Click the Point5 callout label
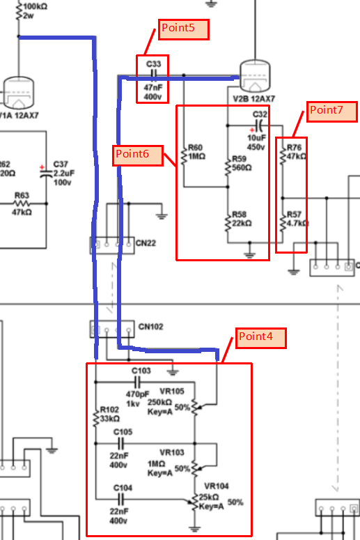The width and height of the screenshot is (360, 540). (183, 29)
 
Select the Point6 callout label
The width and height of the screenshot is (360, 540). (138, 155)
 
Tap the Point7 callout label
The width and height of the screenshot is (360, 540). (331, 111)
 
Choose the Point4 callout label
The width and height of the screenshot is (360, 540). (261, 338)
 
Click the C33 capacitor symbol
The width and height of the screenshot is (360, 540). (154, 73)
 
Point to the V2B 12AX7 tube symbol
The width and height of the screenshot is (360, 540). (255, 75)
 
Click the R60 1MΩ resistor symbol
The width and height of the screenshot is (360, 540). (184, 157)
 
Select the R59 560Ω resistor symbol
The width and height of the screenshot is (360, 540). (228, 168)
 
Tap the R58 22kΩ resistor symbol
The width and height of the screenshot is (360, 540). (228, 223)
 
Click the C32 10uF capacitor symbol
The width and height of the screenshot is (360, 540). (260, 125)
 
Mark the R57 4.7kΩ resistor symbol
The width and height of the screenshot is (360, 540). (283, 223)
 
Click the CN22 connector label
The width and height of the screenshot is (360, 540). (146, 243)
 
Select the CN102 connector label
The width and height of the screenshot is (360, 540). (150, 327)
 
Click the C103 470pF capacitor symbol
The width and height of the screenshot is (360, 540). (137, 382)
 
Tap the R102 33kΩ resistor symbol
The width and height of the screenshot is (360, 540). (96, 419)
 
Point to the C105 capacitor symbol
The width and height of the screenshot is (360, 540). (120, 443)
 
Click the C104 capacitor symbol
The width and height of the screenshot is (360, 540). (120, 499)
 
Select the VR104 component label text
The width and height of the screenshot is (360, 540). (216, 486)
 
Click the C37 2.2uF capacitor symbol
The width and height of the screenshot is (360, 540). (46, 173)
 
